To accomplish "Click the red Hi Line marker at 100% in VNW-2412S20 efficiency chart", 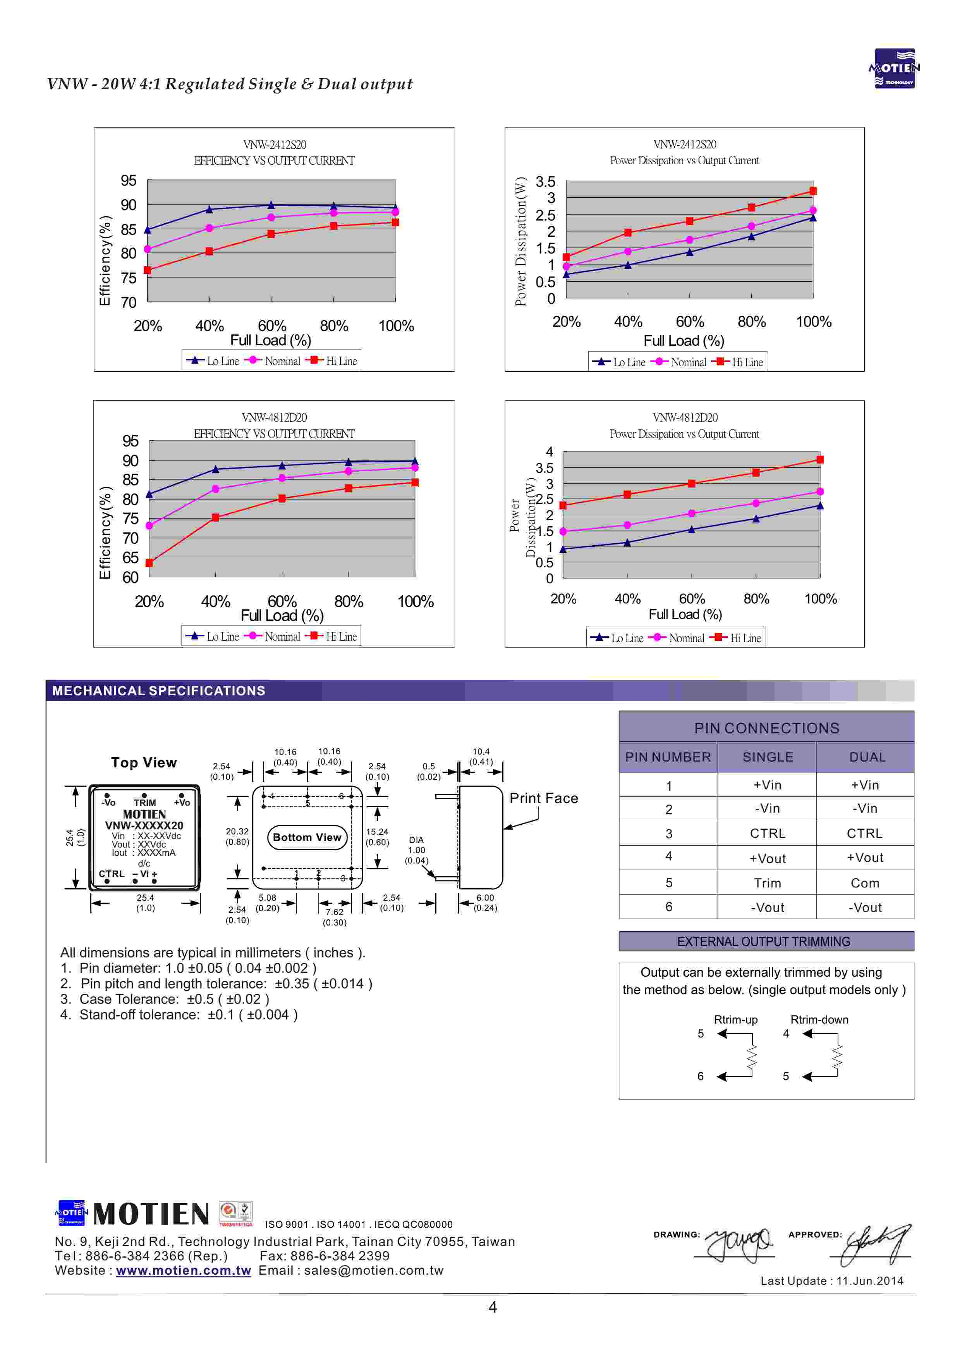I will pos(395,222).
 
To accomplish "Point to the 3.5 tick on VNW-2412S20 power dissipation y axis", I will pos(545,182).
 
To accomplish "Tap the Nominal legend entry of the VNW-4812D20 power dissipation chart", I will pos(679,638).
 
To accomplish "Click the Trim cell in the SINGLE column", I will pos(767,883).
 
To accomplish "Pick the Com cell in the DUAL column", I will pos(865,883).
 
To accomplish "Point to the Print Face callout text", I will pos(543,798).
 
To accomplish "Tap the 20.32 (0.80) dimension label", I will pos(237,836).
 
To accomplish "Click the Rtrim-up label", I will pos(735,1020).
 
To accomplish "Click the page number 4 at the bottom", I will pos(493,1307).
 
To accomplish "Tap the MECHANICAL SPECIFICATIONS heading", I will pos(158,691).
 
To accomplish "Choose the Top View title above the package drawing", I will pos(144,763).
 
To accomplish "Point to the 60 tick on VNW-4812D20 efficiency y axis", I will pos(130,577).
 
